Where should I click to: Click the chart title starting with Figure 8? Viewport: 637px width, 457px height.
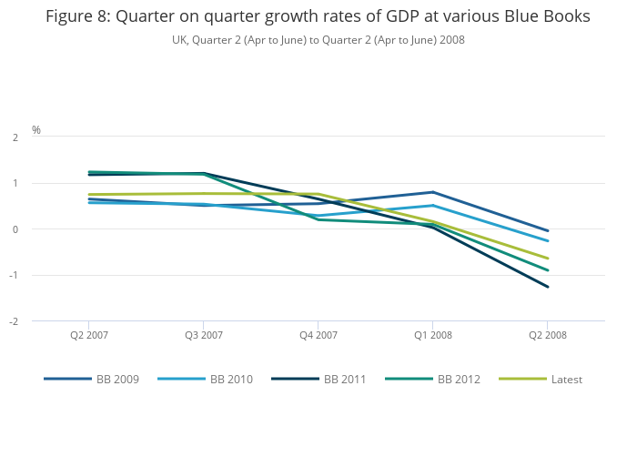click(x=318, y=16)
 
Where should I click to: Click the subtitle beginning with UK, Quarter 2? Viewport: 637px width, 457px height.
click(x=318, y=40)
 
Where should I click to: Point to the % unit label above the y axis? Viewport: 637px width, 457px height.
click(x=36, y=130)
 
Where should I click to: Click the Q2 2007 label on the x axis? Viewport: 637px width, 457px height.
click(x=89, y=335)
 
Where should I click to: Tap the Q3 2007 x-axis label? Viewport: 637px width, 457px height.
click(x=204, y=335)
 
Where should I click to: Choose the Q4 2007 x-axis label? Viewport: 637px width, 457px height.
click(x=318, y=335)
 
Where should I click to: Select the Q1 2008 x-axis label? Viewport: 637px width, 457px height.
click(x=433, y=335)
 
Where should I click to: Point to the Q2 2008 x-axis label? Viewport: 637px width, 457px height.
click(x=548, y=335)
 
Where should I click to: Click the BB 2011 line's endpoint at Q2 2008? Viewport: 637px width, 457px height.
click(x=548, y=287)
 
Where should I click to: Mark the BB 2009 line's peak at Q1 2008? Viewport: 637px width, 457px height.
click(x=433, y=192)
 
